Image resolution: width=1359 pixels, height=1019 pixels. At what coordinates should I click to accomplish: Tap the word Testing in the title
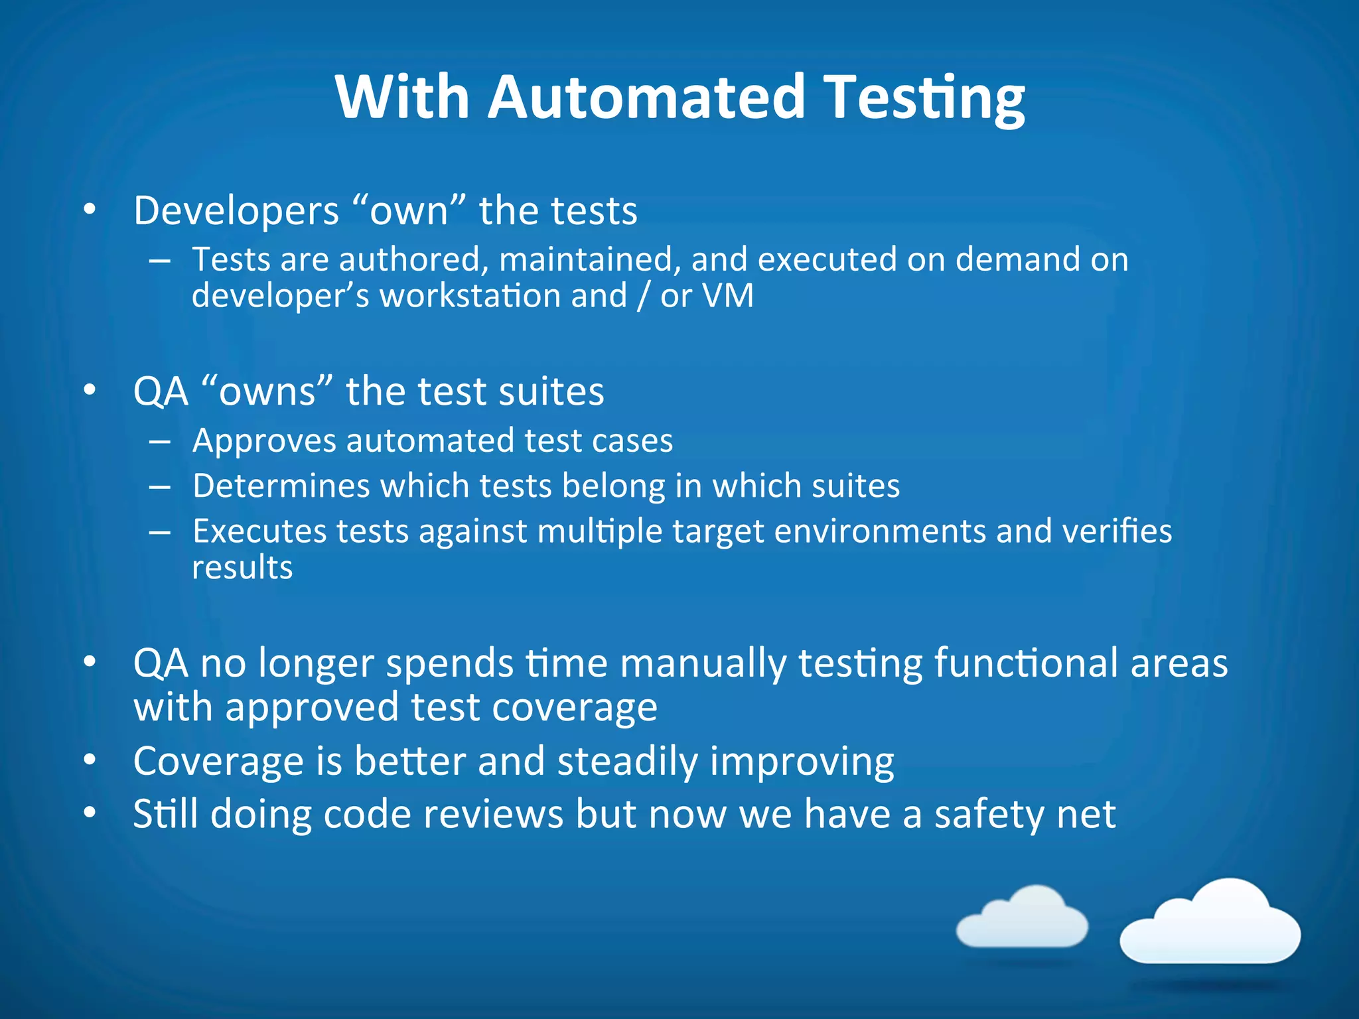pyautogui.click(x=926, y=98)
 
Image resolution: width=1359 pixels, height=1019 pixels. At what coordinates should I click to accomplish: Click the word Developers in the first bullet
pyautogui.click(x=236, y=211)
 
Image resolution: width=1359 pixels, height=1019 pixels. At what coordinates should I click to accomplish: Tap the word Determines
pyautogui.click(x=281, y=486)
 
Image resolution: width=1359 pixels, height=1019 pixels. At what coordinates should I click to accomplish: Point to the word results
pyautogui.click(x=242, y=568)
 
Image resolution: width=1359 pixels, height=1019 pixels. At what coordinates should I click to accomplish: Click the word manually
pyautogui.click(x=703, y=663)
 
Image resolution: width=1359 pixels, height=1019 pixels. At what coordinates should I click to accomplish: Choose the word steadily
pyautogui.click(x=627, y=761)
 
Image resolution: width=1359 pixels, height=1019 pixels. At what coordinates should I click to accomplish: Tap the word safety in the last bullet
pyautogui.click(x=989, y=814)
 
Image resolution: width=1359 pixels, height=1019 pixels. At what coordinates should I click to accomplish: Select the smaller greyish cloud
pyautogui.click(x=1023, y=919)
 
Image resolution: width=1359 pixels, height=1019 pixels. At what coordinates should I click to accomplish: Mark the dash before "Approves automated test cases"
pyautogui.click(x=160, y=441)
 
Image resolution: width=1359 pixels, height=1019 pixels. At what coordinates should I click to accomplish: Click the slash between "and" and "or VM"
pyautogui.click(x=642, y=296)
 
